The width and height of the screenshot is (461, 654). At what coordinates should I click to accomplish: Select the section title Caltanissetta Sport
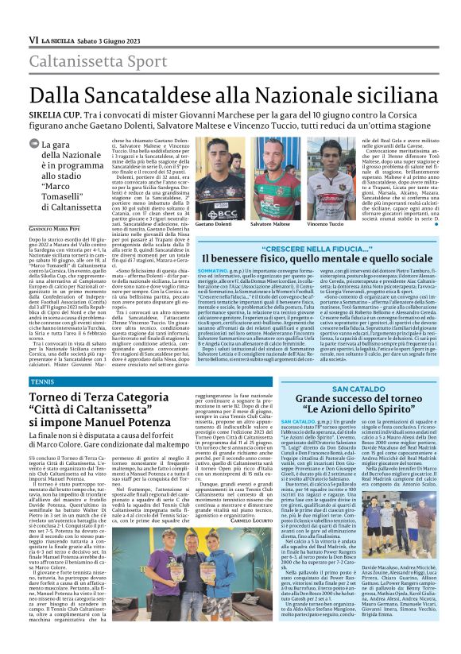pyautogui.click(x=94, y=61)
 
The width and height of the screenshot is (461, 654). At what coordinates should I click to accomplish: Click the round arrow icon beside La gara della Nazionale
pyautogui.click(x=35, y=145)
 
